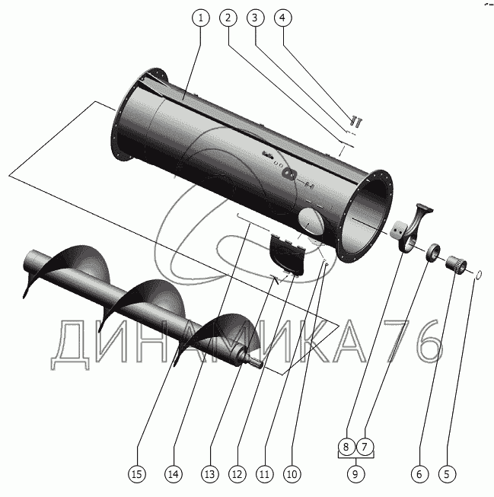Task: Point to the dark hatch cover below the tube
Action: [286, 253]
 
